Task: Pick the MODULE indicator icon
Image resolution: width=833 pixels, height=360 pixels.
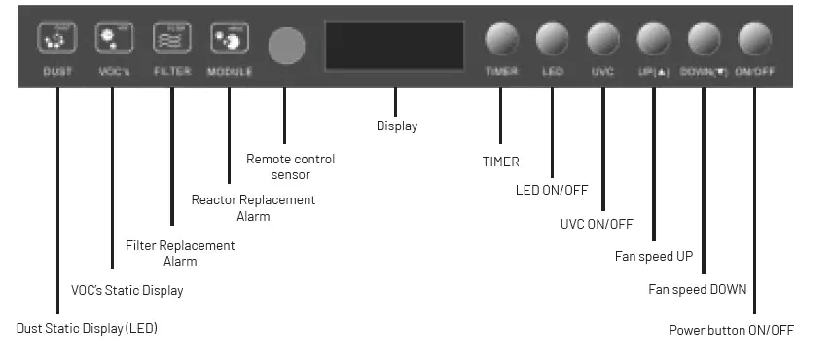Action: click(229, 40)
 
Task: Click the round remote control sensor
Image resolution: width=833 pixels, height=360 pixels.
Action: click(286, 45)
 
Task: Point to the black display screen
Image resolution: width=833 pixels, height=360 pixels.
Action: click(395, 45)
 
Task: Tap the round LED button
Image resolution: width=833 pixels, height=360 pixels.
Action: click(552, 40)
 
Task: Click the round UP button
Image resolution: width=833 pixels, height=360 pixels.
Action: click(654, 40)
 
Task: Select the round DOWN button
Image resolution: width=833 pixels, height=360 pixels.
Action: click(705, 40)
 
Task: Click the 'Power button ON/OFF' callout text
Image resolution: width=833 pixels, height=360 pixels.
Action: click(731, 330)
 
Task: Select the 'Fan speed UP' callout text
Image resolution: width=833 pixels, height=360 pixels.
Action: click(652, 258)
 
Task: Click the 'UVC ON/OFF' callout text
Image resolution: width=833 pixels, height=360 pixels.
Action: click(597, 225)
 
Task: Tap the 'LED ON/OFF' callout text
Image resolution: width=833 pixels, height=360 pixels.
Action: click(552, 190)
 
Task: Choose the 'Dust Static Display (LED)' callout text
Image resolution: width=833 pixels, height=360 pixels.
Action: click(87, 329)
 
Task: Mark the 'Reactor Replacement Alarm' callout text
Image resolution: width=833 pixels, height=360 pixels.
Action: click(253, 207)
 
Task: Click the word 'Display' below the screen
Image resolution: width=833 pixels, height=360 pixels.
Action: click(397, 126)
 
